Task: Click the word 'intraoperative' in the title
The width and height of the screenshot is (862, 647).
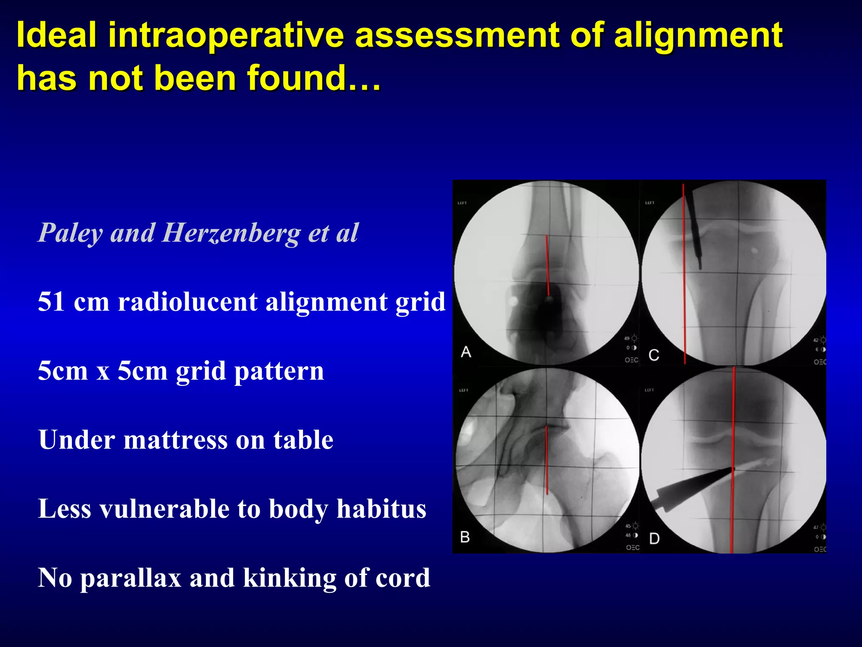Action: coord(226,35)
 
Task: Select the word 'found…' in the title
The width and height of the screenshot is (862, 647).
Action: coord(314,78)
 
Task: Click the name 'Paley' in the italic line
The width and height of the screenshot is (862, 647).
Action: coord(70,233)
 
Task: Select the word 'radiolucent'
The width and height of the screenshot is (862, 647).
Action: coord(187,302)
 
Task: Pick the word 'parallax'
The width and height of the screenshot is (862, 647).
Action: coord(130,578)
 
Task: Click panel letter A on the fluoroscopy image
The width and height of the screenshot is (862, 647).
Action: coord(466,352)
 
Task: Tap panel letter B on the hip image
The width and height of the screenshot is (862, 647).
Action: coord(465,537)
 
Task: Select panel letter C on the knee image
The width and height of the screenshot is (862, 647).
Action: coord(654,355)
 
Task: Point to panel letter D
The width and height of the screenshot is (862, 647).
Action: coord(654,538)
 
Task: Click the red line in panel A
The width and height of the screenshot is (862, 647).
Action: coord(548,265)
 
